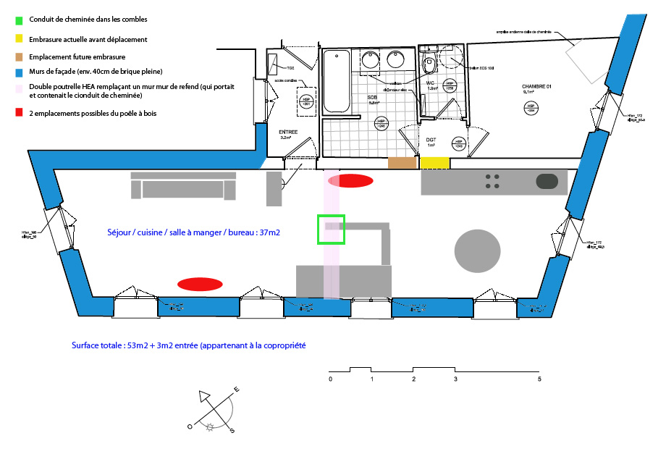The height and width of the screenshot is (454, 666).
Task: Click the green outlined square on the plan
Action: tap(331, 229)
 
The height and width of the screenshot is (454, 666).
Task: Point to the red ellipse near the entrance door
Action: tap(351, 180)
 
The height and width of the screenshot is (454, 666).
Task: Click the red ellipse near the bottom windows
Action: tap(200, 283)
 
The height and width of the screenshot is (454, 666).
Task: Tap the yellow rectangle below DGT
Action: tap(436, 164)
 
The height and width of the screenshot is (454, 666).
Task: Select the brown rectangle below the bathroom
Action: tap(402, 164)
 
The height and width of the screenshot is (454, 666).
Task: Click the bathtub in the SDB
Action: tap(335, 81)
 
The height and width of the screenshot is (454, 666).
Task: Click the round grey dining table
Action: tap(477, 251)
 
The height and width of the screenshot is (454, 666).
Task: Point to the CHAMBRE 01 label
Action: tap(537, 86)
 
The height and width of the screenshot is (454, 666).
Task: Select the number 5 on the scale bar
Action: tap(539, 379)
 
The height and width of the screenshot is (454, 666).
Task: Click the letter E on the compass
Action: tap(237, 391)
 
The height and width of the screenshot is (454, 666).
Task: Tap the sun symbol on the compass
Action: tap(211, 427)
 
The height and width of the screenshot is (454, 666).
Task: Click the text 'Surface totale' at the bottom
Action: tap(96, 345)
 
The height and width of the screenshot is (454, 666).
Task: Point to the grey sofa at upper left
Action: tap(182, 185)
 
